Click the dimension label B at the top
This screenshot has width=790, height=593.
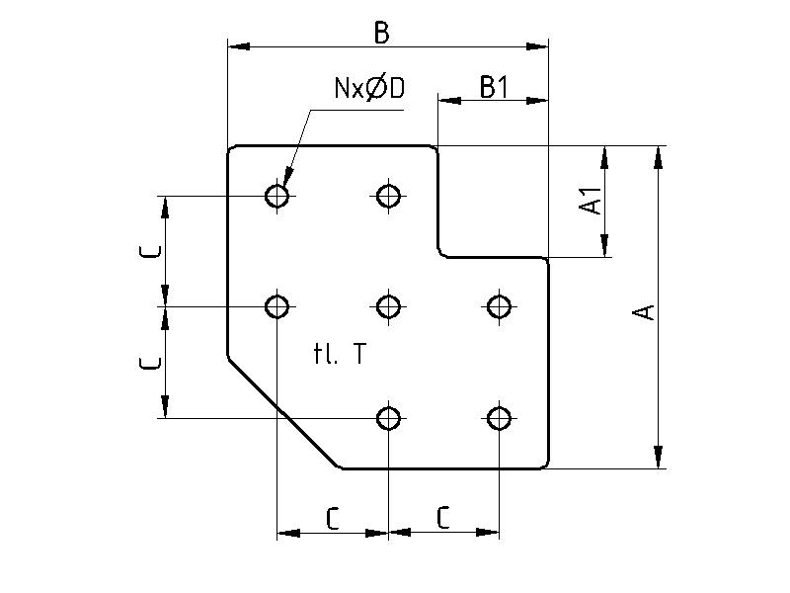tap(381, 33)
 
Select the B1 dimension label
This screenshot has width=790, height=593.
tap(493, 87)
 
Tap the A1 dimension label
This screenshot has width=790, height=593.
tap(592, 203)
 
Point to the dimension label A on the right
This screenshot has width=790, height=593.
tap(644, 312)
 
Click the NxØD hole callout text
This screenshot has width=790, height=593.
tap(369, 89)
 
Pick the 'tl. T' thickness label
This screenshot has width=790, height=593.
tap(339, 355)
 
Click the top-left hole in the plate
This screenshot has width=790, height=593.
tap(277, 196)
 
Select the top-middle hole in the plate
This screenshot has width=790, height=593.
tap(389, 196)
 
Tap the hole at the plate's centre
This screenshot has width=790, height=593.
tap(389, 306)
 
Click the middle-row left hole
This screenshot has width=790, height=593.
tap(277, 306)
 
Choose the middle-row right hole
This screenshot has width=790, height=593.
tap(500, 306)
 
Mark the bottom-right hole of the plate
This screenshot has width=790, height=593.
tap(500, 418)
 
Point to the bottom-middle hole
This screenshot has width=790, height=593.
tap(389, 418)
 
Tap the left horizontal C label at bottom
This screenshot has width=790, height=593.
tap(333, 518)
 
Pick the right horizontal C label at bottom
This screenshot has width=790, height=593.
tap(443, 518)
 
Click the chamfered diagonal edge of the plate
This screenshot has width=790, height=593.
tap(284, 411)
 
